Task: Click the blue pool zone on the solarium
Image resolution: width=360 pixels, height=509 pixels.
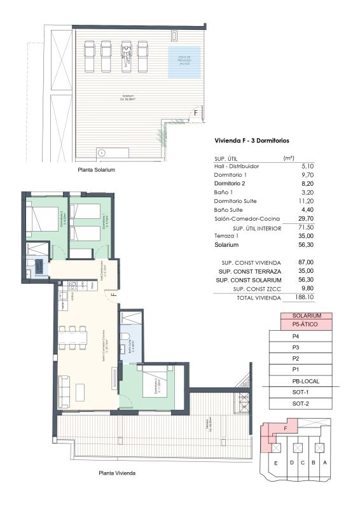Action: [184, 61]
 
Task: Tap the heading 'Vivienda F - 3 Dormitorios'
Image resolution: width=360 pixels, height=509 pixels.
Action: [251, 140]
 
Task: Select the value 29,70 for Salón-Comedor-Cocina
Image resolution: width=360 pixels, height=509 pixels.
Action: [287, 218]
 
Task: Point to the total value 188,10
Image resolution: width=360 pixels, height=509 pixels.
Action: [287, 296]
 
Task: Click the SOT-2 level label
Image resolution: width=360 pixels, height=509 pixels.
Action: [300, 403]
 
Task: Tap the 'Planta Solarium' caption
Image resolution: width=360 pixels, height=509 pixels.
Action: [97, 171]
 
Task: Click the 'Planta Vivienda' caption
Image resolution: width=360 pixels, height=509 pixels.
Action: [116, 473]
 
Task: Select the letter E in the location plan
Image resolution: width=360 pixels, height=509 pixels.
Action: [275, 463]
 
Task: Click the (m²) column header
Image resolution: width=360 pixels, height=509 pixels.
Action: [287, 157]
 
